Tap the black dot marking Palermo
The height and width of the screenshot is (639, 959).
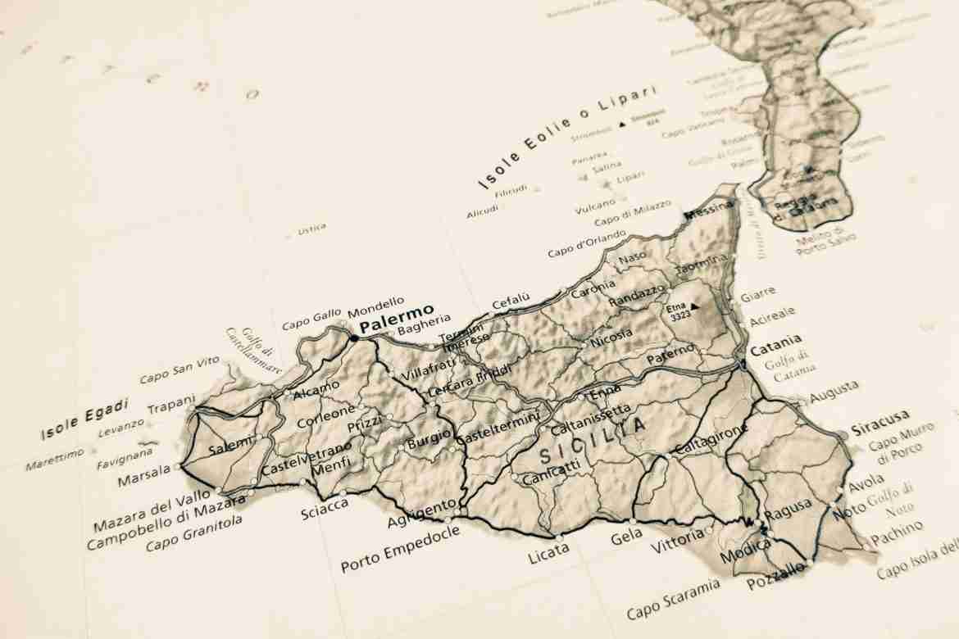click(354, 337)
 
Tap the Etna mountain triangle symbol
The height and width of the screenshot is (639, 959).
click(694, 306)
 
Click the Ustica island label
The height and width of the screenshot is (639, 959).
click(311, 229)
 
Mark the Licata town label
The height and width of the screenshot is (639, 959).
click(548, 554)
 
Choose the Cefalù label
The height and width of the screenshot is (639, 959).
click(511, 301)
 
